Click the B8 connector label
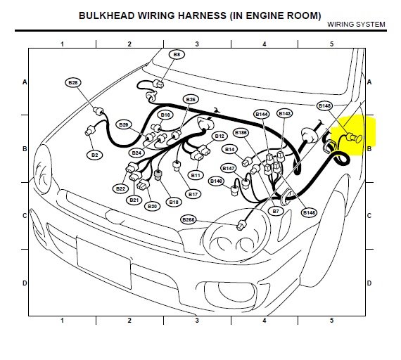tap(177, 54)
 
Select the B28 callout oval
tap(73, 82)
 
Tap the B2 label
tap(95, 155)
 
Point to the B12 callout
tap(219, 136)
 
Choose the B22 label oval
tap(120, 188)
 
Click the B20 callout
tap(152, 206)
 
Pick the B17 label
tap(193, 194)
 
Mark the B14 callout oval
tap(229, 149)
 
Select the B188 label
tap(241, 132)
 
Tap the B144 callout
tap(262, 114)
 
